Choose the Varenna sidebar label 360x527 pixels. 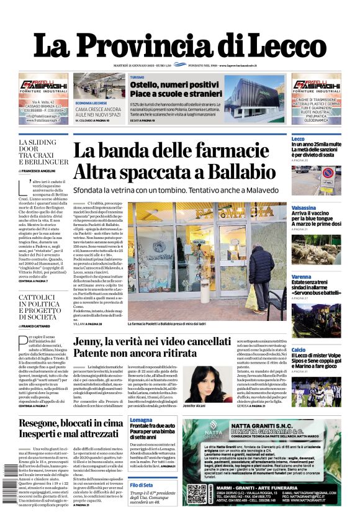click(x=302, y=276)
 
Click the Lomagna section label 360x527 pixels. click(x=141, y=421)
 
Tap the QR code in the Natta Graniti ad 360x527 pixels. click(x=196, y=495)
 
